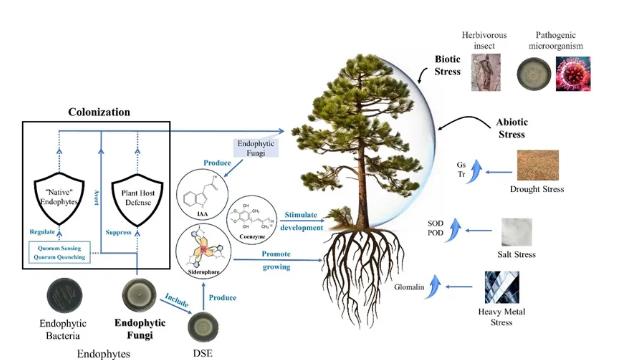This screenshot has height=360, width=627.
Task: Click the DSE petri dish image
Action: click(204, 327)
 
